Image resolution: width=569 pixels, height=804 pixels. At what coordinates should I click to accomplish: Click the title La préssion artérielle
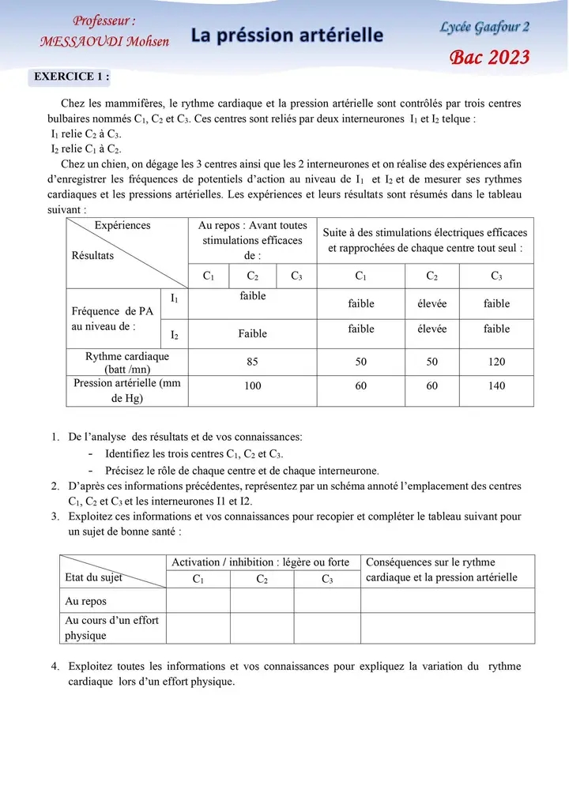click(287, 36)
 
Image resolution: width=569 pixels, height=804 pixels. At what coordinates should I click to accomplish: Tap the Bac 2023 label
click(490, 57)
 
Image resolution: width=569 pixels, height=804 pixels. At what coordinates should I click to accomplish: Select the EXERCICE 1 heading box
click(71, 77)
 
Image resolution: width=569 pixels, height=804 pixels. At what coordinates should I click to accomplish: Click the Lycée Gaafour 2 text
click(484, 28)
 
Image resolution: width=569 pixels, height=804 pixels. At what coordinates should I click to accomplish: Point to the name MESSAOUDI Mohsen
click(104, 41)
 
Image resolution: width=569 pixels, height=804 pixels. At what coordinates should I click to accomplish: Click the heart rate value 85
click(252, 362)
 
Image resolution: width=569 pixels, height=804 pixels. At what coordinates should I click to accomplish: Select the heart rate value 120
click(496, 362)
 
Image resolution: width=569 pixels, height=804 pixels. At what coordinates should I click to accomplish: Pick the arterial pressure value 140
click(496, 386)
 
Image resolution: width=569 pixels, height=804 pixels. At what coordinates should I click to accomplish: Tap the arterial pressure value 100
click(252, 386)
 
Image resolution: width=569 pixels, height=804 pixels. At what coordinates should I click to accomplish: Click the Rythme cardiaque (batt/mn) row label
click(127, 363)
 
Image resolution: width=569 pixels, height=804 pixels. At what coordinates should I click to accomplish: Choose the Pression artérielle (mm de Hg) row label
click(127, 390)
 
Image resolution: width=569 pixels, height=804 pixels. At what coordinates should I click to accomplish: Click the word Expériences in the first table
click(122, 225)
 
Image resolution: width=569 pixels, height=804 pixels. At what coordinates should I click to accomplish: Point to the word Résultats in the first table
click(92, 255)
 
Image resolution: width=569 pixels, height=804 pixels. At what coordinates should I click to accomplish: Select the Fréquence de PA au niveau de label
click(109, 318)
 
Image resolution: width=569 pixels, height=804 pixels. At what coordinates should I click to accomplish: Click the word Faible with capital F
click(252, 334)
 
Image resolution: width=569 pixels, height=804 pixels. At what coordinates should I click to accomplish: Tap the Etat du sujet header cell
click(93, 577)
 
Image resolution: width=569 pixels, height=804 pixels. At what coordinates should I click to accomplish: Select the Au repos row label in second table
click(85, 601)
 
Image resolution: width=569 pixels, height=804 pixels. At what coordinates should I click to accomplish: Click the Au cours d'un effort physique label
click(111, 628)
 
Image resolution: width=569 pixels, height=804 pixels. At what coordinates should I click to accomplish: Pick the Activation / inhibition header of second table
click(260, 562)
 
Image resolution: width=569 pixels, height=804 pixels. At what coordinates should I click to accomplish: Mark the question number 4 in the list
click(55, 667)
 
